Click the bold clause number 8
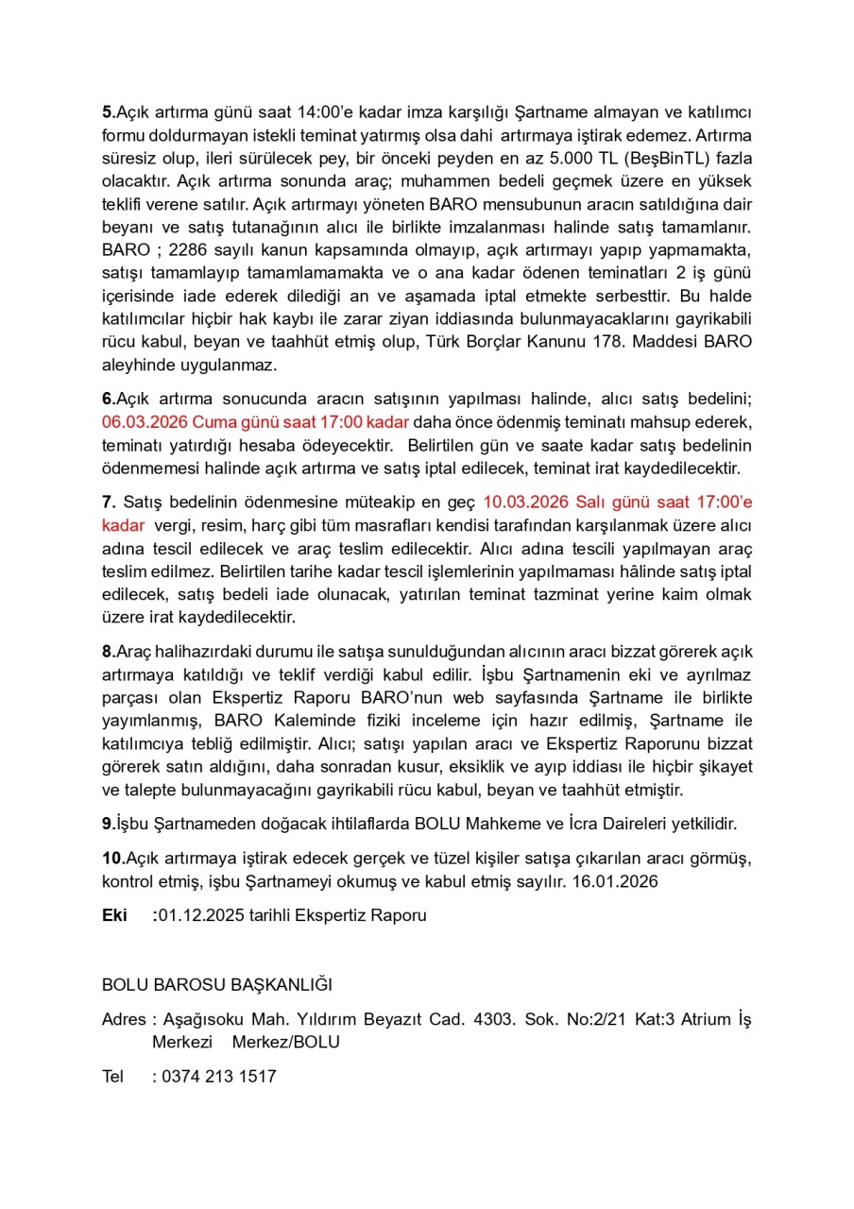[107, 652]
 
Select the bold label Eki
[114, 915]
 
